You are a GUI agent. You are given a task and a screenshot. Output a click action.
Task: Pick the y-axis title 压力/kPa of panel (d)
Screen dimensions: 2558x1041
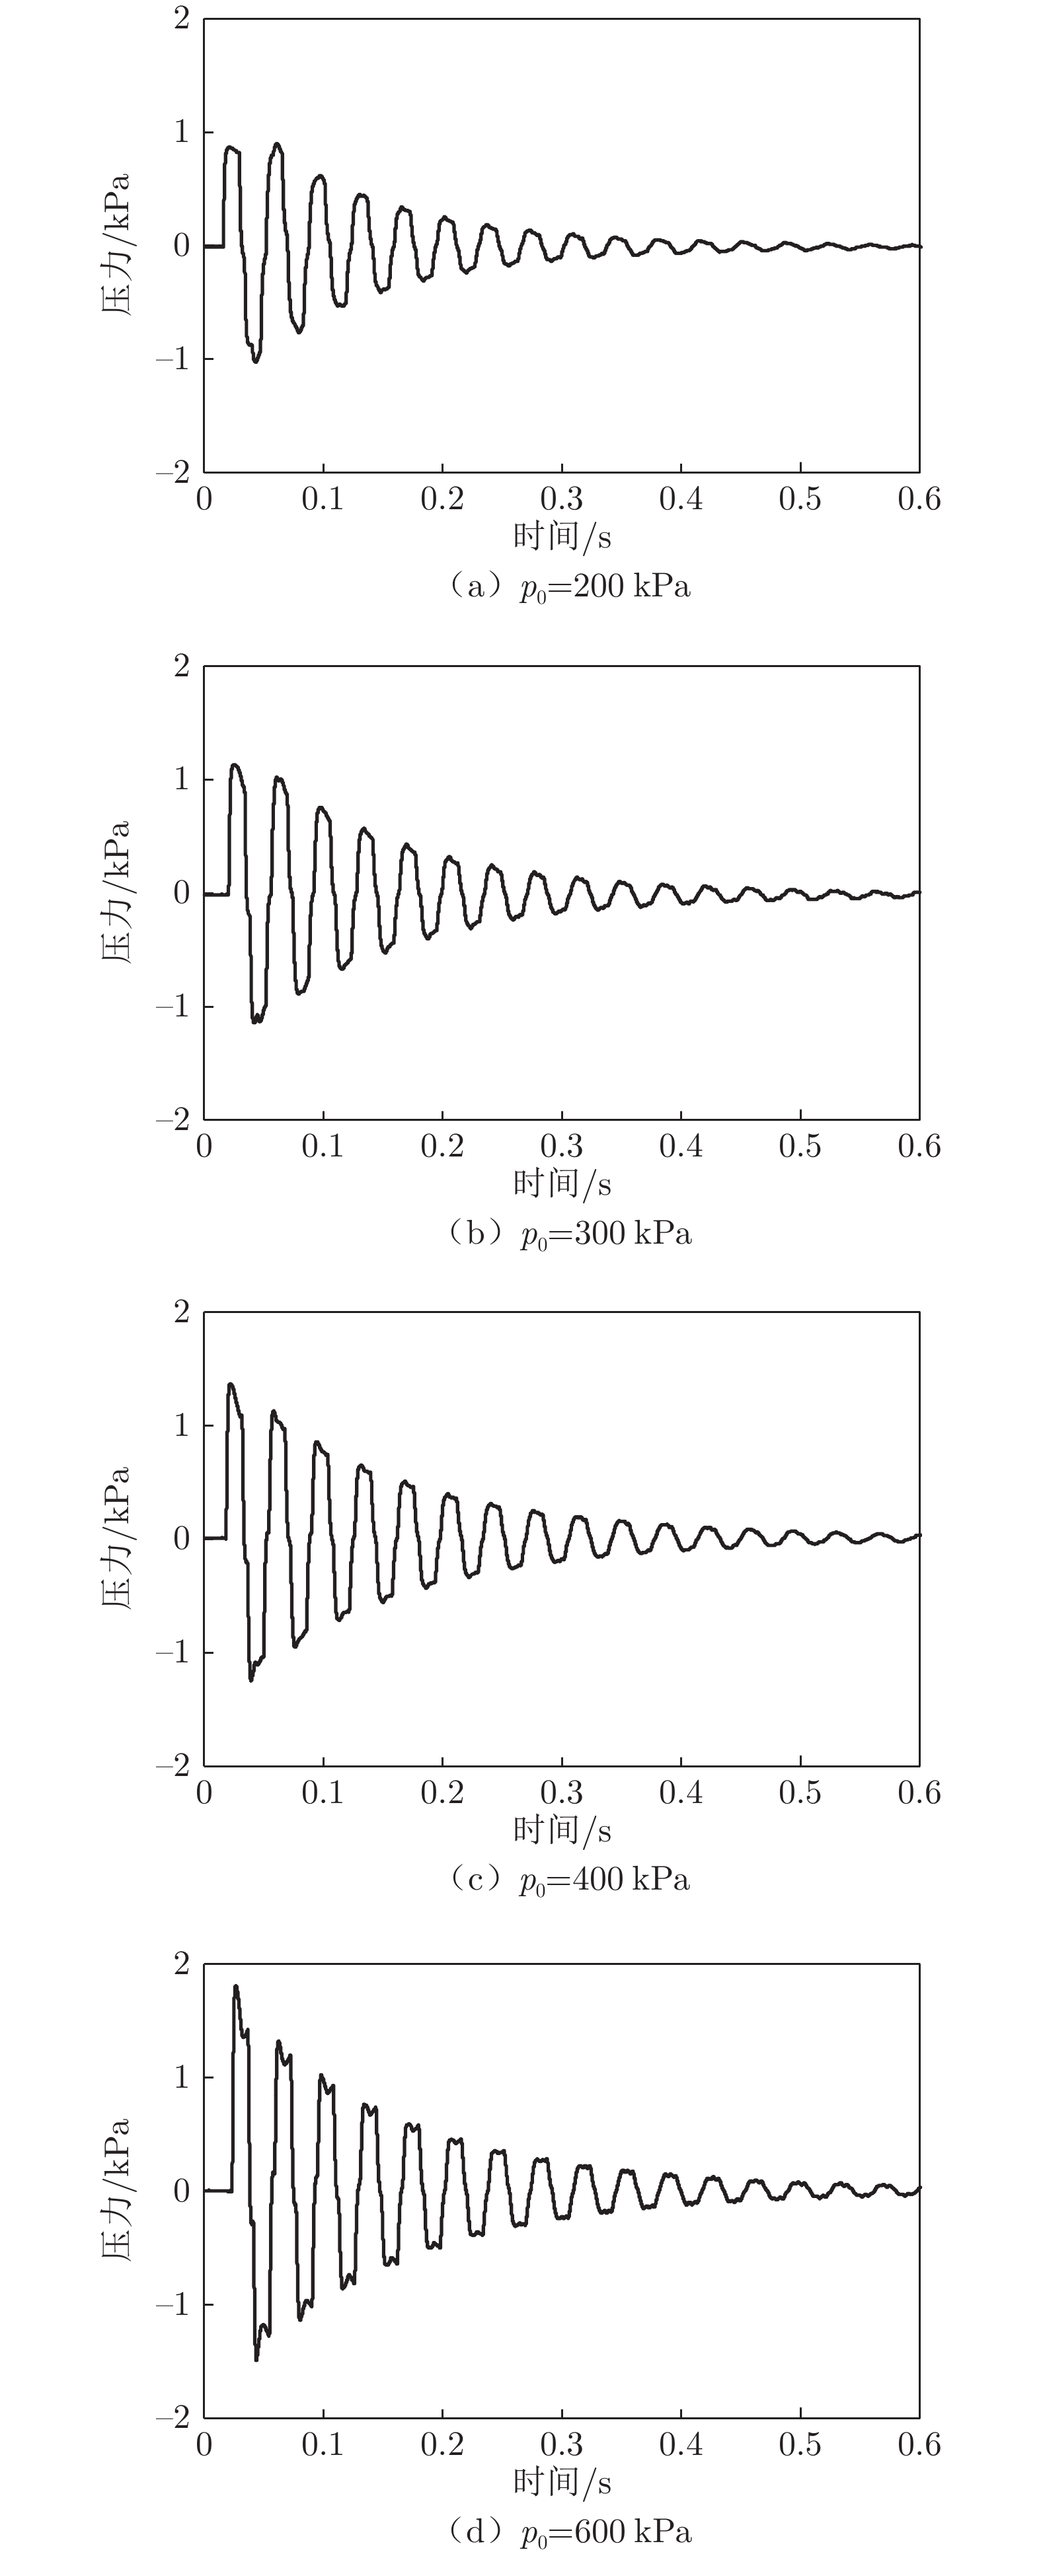pyautogui.click(x=117, y=2189)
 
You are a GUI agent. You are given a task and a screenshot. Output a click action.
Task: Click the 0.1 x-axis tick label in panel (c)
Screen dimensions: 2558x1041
pyautogui.click(x=323, y=1793)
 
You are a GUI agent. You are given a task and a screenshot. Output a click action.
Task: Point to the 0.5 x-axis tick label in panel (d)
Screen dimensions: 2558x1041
pyautogui.click(x=800, y=2445)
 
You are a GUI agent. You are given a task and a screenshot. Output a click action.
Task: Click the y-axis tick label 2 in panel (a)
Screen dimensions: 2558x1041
pyautogui.click(x=181, y=19)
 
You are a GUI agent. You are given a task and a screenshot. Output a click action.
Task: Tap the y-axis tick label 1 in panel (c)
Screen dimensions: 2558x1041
pyautogui.click(x=181, y=1425)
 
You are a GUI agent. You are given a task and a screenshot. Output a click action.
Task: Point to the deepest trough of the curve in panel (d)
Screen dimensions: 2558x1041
pyautogui.click(x=256, y=2359)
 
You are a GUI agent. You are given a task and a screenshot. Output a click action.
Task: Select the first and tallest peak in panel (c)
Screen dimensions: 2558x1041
pyautogui.click(x=231, y=1384)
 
